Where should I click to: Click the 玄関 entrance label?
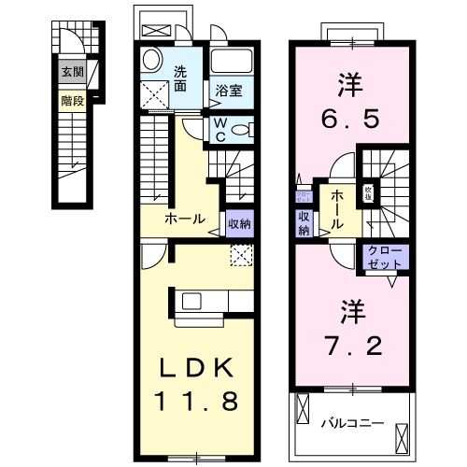click(x=72, y=71)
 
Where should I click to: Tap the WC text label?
click(x=218, y=130)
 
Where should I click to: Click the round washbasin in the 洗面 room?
click(x=152, y=62)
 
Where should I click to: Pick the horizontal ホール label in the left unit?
click(x=185, y=219)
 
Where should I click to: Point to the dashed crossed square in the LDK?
click(x=240, y=254)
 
